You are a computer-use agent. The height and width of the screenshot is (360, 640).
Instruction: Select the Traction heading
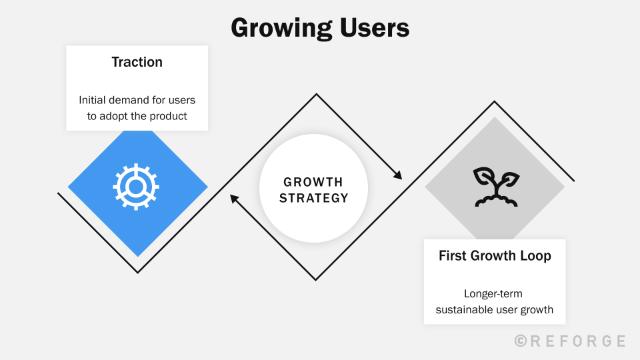[x=137, y=62]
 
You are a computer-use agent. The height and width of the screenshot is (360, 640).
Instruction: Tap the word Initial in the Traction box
[x=91, y=100]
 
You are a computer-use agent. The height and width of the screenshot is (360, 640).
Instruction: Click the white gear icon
[x=136, y=187]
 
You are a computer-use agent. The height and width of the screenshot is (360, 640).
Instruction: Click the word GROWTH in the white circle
[x=313, y=182]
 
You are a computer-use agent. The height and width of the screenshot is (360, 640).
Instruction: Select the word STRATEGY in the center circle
[x=313, y=198]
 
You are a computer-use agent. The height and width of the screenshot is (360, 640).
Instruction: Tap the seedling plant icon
[x=495, y=187]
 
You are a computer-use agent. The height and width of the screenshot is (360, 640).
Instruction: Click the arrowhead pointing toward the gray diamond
[x=398, y=175]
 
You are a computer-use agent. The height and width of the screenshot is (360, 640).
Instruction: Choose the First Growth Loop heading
[x=495, y=256]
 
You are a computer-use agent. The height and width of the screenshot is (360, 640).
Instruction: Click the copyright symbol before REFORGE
[x=521, y=341]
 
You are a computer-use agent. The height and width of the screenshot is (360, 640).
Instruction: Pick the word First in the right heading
[x=453, y=256]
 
